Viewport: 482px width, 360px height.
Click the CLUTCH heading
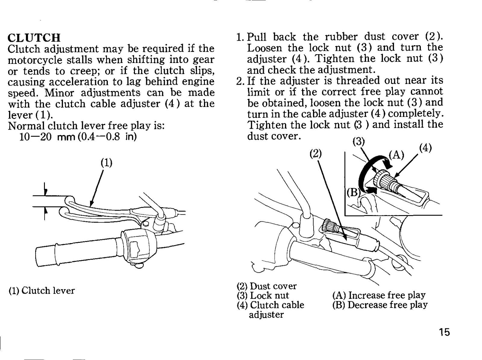click(x=34, y=38)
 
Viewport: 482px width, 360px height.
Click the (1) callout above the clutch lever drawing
click(x=107, y=163)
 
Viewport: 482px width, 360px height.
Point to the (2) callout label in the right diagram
click(x=315, y=154)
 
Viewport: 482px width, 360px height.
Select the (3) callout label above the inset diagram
click(x=358, y=142)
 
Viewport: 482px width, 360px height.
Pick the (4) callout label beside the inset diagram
click(x=426, y=148)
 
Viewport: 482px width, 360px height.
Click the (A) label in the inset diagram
click(x=396, y=155)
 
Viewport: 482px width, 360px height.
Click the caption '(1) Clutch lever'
click(x=42, y=291)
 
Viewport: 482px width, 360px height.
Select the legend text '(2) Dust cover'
click(x=267, y=286)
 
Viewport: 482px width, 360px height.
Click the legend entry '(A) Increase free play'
click(x=379, y=295)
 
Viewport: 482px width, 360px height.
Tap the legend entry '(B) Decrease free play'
click(x=380, y=305)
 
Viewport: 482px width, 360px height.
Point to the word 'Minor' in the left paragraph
click(x=60, y=92)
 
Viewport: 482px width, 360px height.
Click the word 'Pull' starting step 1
click(x=257, y=37)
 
